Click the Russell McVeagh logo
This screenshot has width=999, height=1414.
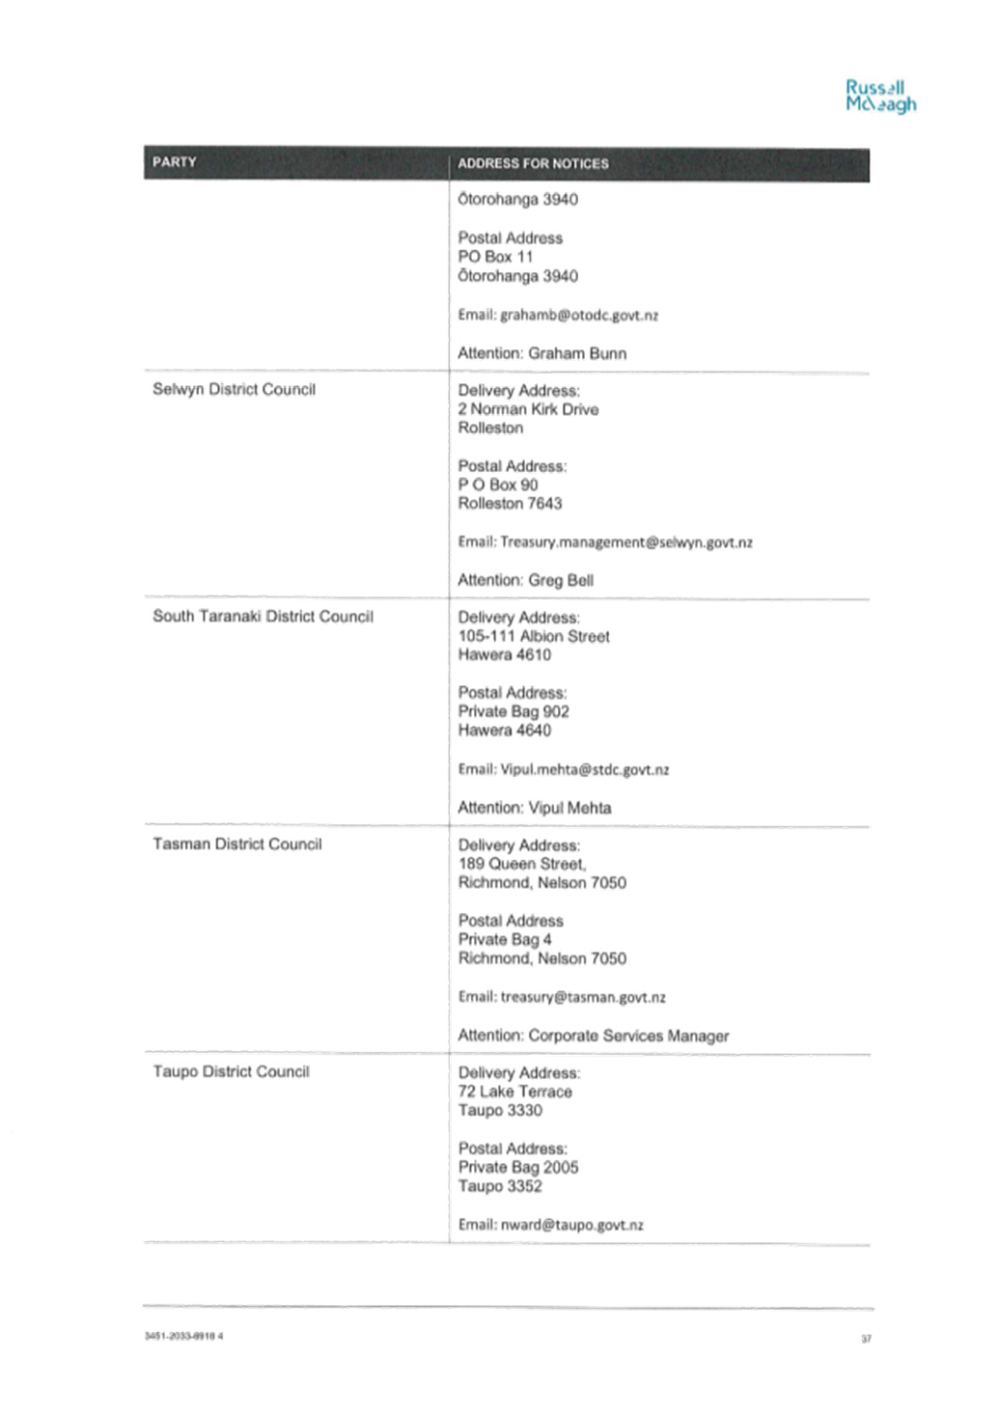click(x=880, y=97)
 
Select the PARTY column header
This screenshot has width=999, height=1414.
click(x=174, y=162)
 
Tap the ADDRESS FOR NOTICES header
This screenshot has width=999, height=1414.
click(x=533, y=163)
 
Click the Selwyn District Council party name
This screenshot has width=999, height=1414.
click(x=235, y=390)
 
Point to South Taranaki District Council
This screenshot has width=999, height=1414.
click(x=264, y=617)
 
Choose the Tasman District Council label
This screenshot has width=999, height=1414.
click(x=237, y=844)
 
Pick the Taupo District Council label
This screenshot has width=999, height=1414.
click(x=231, y=1071)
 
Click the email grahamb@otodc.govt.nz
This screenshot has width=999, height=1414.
click(x=579, y=315)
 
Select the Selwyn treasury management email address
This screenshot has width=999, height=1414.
click(x=626, y=542)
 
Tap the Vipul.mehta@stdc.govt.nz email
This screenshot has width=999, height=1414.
click(x=584, y=769)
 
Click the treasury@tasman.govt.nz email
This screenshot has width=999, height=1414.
click(x=583, y=997)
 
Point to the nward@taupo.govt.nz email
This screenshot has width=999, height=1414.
click(x=571, y=1225)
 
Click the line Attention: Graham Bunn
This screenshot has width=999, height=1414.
click(x=542, y=353)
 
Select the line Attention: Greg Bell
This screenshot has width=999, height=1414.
click(x=526, y=580)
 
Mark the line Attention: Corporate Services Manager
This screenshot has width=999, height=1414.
click(x=594, y=1036)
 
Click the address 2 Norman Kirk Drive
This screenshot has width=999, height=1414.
click(x=528, y=409)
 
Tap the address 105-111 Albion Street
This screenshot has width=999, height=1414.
click(x=534, y=636)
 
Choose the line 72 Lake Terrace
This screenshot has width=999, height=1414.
click(x=515, y=1092)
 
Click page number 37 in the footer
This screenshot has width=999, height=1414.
click(x=867, y=1339)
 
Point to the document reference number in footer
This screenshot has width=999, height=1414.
click(x=183, y=1336)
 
